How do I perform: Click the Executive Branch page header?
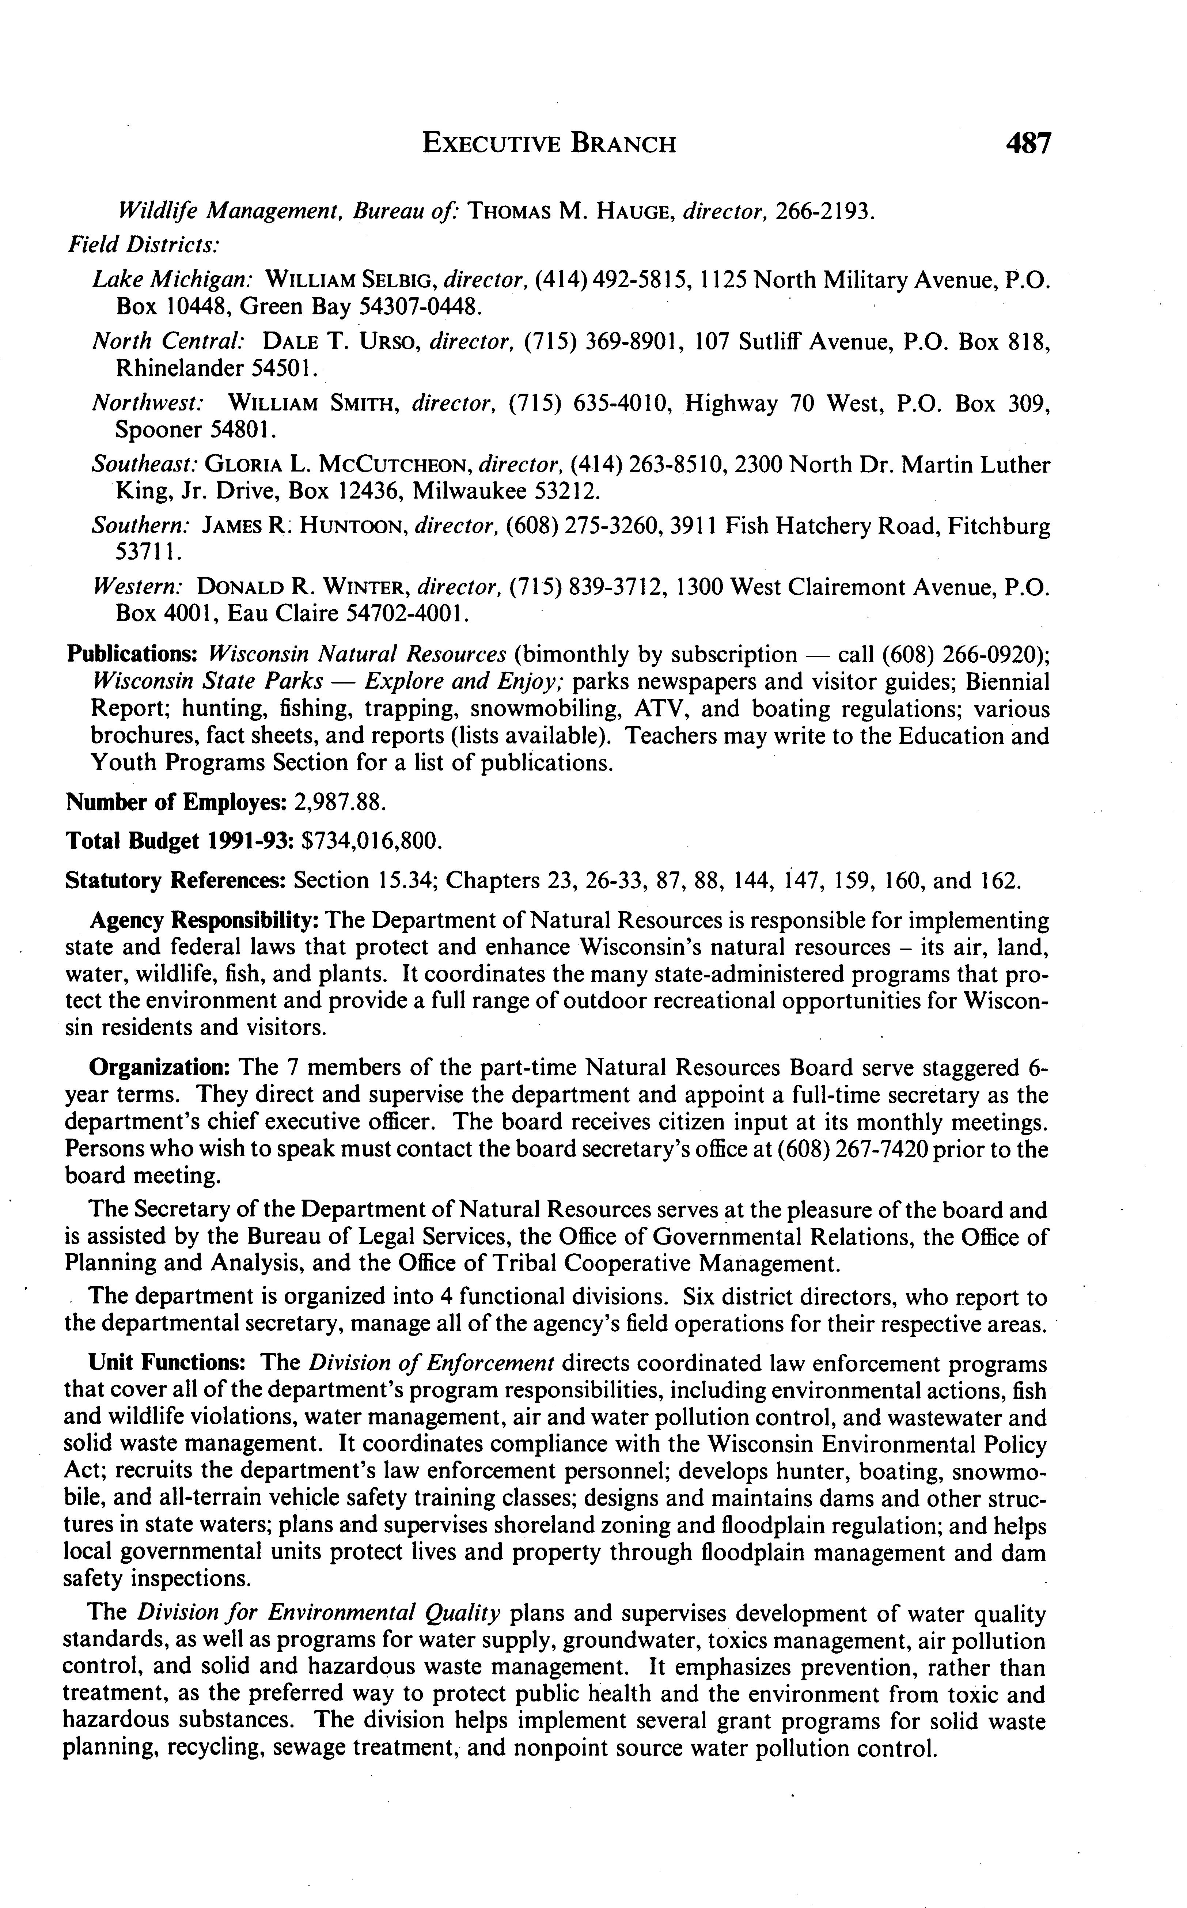(549, 144)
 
